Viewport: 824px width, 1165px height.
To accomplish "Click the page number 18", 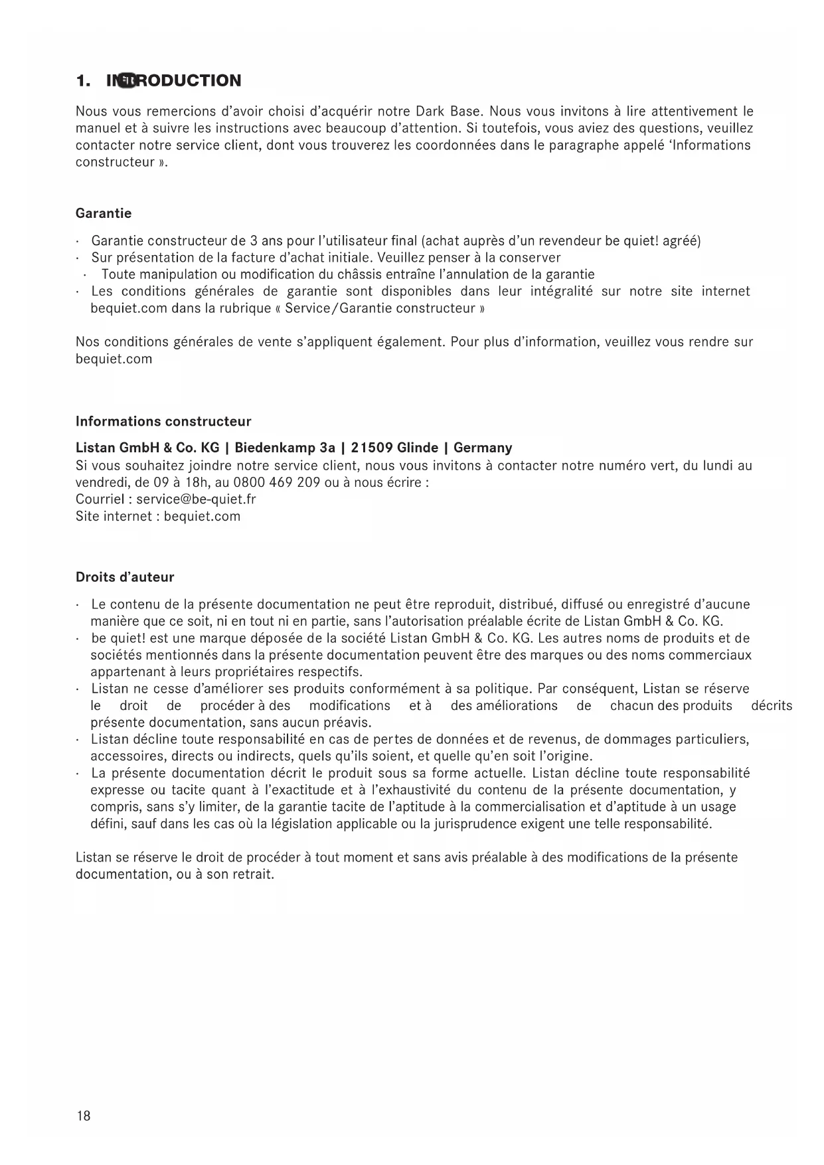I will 83,1115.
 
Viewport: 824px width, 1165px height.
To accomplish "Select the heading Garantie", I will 104,213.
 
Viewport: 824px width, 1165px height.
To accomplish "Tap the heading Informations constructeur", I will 163,421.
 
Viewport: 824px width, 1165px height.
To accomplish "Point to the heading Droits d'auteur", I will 125,577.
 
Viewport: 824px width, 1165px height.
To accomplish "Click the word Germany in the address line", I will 483,448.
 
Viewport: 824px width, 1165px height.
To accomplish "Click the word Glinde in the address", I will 418,448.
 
